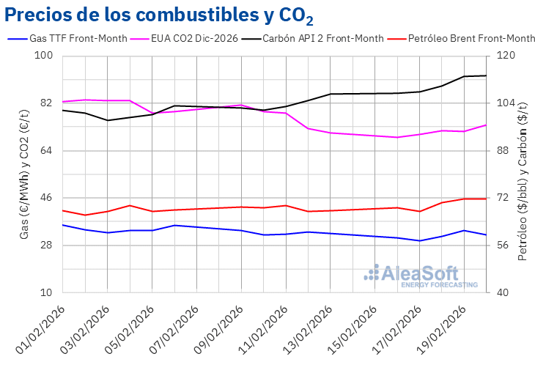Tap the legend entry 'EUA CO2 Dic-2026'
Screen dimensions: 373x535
(x=193, y=38)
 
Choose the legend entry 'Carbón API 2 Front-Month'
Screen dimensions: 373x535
(x=323, y=38)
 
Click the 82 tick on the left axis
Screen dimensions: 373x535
(x=47, y=103)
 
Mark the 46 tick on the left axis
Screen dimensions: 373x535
(x=47, y=198)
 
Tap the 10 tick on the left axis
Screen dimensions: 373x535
(x=47, y=293)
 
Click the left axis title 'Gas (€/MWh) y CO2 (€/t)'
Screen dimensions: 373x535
(x=24, y=174)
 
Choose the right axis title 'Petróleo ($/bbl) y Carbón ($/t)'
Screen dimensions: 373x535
(x=523, y=174)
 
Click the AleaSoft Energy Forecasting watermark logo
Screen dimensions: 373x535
(x=421, y=276)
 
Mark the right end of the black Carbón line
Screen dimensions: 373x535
(x=487, y=75)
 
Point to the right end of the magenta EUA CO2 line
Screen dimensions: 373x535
(x=487, y=125)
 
